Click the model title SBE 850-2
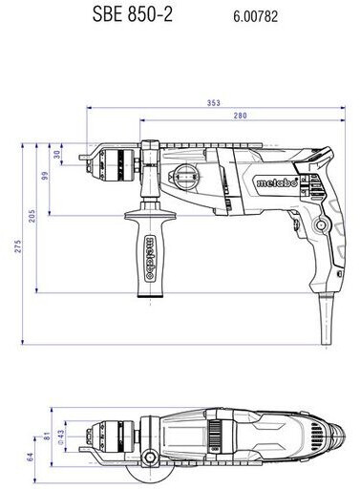click(133, 14)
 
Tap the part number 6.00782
click(255, 16)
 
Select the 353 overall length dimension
click(214, 103)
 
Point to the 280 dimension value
click(240, 116)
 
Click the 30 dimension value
click(57, 155)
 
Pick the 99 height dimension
click(45, 176)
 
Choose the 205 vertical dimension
click(32, 216)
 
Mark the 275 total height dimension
click(18, 246)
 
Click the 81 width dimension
click(47, 436)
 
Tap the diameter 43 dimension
click(60, 437)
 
